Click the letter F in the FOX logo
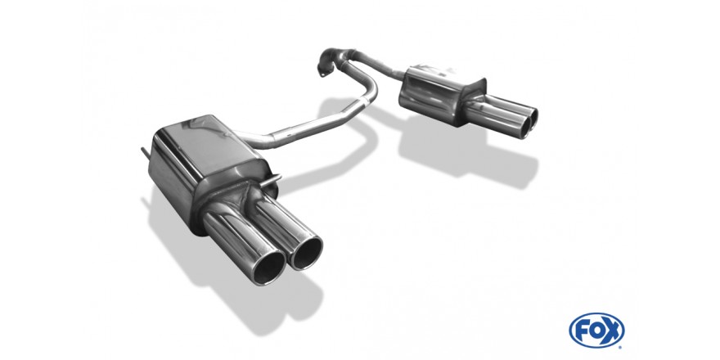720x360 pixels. pyautogui.click(x=581, y=331)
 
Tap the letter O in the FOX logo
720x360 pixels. pyautogui.click(x=596, y=331)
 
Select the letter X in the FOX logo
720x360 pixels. pyautogui.click(x=613, y=331)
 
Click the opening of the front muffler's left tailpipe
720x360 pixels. pyautogui.click(x=268, y=268)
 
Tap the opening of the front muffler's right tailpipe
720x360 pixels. pyautogui.click(x=305, y=253)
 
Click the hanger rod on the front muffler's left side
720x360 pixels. pyautogui.click(x=144, y=154)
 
